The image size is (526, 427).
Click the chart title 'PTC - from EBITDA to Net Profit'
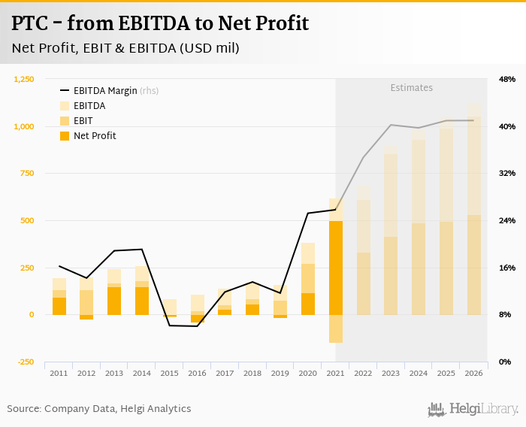160,23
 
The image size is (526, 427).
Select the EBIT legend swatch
65,121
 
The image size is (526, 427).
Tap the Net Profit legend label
95,136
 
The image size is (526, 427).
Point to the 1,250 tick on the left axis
24,79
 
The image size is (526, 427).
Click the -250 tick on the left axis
25,362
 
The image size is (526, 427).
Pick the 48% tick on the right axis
507,79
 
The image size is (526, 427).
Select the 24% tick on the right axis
507,220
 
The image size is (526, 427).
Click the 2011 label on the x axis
59,373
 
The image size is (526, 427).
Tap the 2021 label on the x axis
335,373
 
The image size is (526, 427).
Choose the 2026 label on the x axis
473,373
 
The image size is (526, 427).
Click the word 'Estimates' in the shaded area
411,88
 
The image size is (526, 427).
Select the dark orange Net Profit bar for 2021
335,268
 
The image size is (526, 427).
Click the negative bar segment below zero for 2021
335,329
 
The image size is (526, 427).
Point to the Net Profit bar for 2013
114,301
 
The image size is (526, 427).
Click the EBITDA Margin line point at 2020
307,214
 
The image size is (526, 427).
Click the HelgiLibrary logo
473,409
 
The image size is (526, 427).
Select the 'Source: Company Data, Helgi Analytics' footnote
99,409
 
